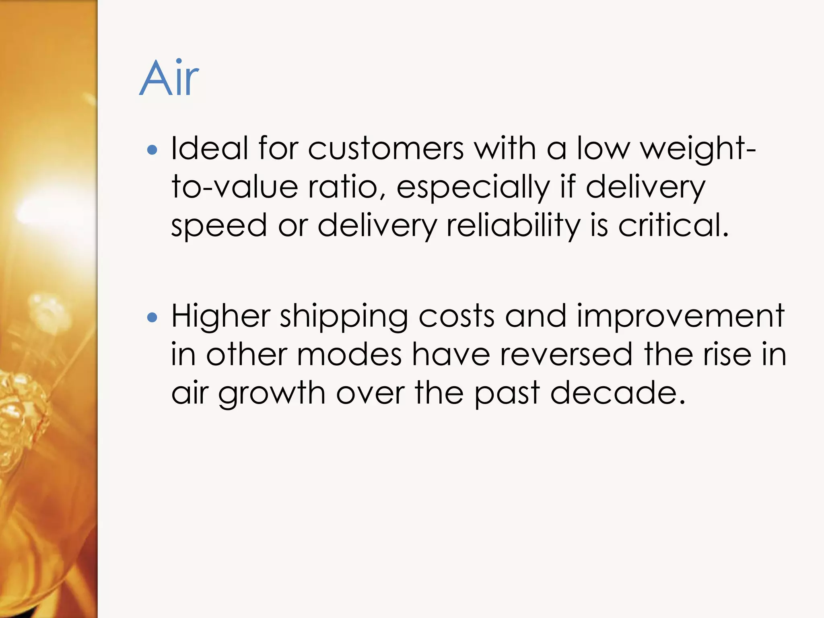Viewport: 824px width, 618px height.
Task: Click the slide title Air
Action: click(x=169, y=78)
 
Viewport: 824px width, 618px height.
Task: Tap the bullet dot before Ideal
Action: click(x=152, y=150)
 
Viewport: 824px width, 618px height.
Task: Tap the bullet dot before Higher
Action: click(x=152, y=318)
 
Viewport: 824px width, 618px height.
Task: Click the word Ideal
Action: click(x=209, y=148)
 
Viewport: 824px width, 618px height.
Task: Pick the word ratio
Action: click(x=346, y=187)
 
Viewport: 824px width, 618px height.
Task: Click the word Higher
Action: click(x=221, y=316)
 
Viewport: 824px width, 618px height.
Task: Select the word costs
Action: click(x=456, y=316)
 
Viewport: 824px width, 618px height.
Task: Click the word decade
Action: click(x=617, y=393)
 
